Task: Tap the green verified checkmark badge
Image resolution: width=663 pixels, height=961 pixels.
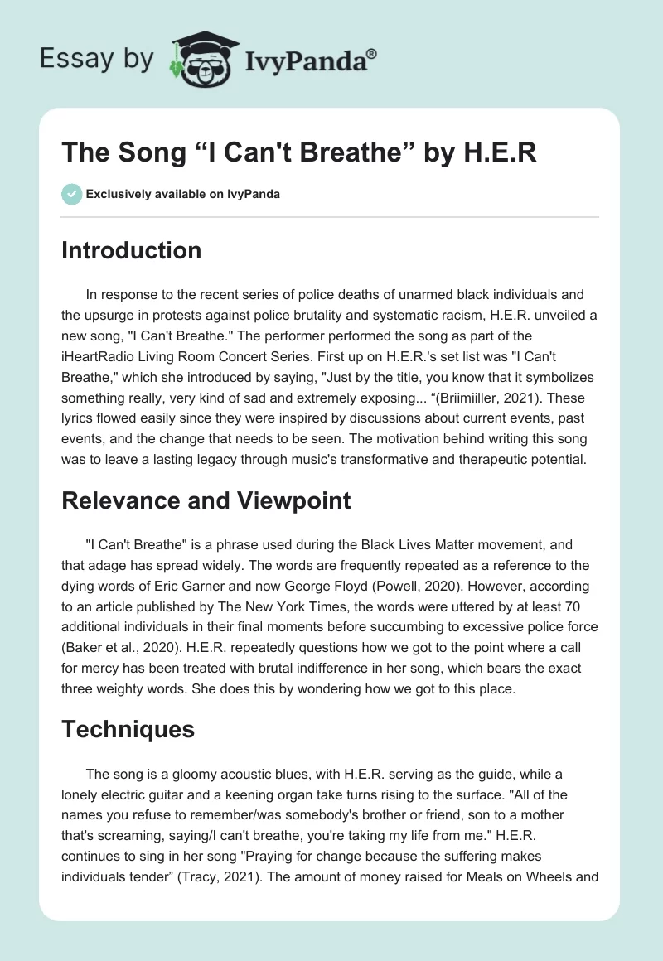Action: coord(71,195)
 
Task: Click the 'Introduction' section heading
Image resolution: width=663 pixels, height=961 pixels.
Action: coord(131,250)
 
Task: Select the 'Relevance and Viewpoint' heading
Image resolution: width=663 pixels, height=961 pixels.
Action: coord(206,500)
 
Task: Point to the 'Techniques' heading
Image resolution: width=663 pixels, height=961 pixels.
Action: coord(128,729)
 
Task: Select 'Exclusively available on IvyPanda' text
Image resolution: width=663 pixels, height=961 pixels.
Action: coord(183,195)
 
